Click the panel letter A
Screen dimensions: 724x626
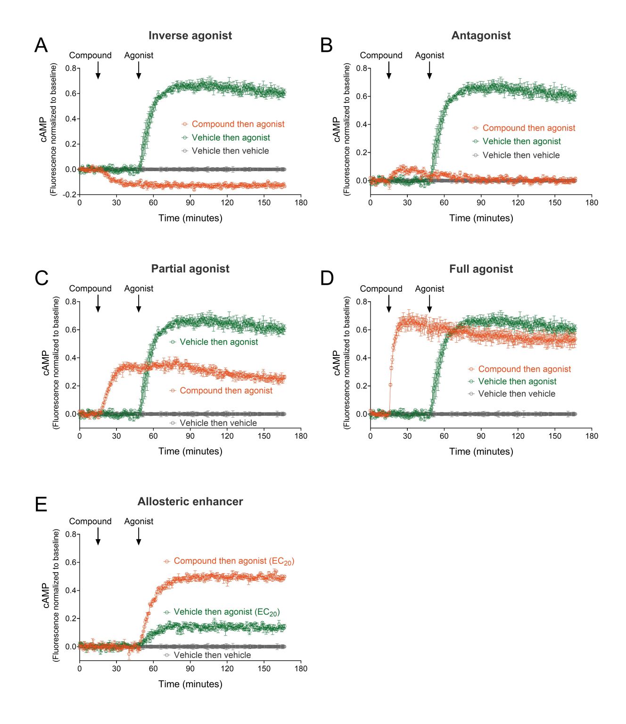tap(41, 45)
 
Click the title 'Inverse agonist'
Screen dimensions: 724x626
tap(190, 35)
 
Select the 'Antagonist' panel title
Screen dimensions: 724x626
tap(481, 35)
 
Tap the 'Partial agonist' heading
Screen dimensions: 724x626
tap(190, 269)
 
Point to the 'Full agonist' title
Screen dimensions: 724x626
tap(481, 269)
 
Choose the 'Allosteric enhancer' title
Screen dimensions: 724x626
tap(190, 502)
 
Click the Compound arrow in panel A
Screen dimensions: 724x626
tap(98, 70)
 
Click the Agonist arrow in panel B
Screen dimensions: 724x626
tap(429, 70)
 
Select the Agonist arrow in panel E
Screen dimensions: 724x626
tap(139, 536)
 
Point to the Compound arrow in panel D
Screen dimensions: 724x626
tap(389, 304)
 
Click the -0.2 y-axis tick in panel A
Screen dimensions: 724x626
tap(70, 195)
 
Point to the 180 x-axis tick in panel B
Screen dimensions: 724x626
tap(592, 203)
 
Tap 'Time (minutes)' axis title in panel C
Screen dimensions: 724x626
tap(190, 451)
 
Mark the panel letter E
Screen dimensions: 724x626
tap(41, 504)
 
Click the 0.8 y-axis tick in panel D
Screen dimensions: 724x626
tap(362, 302)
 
